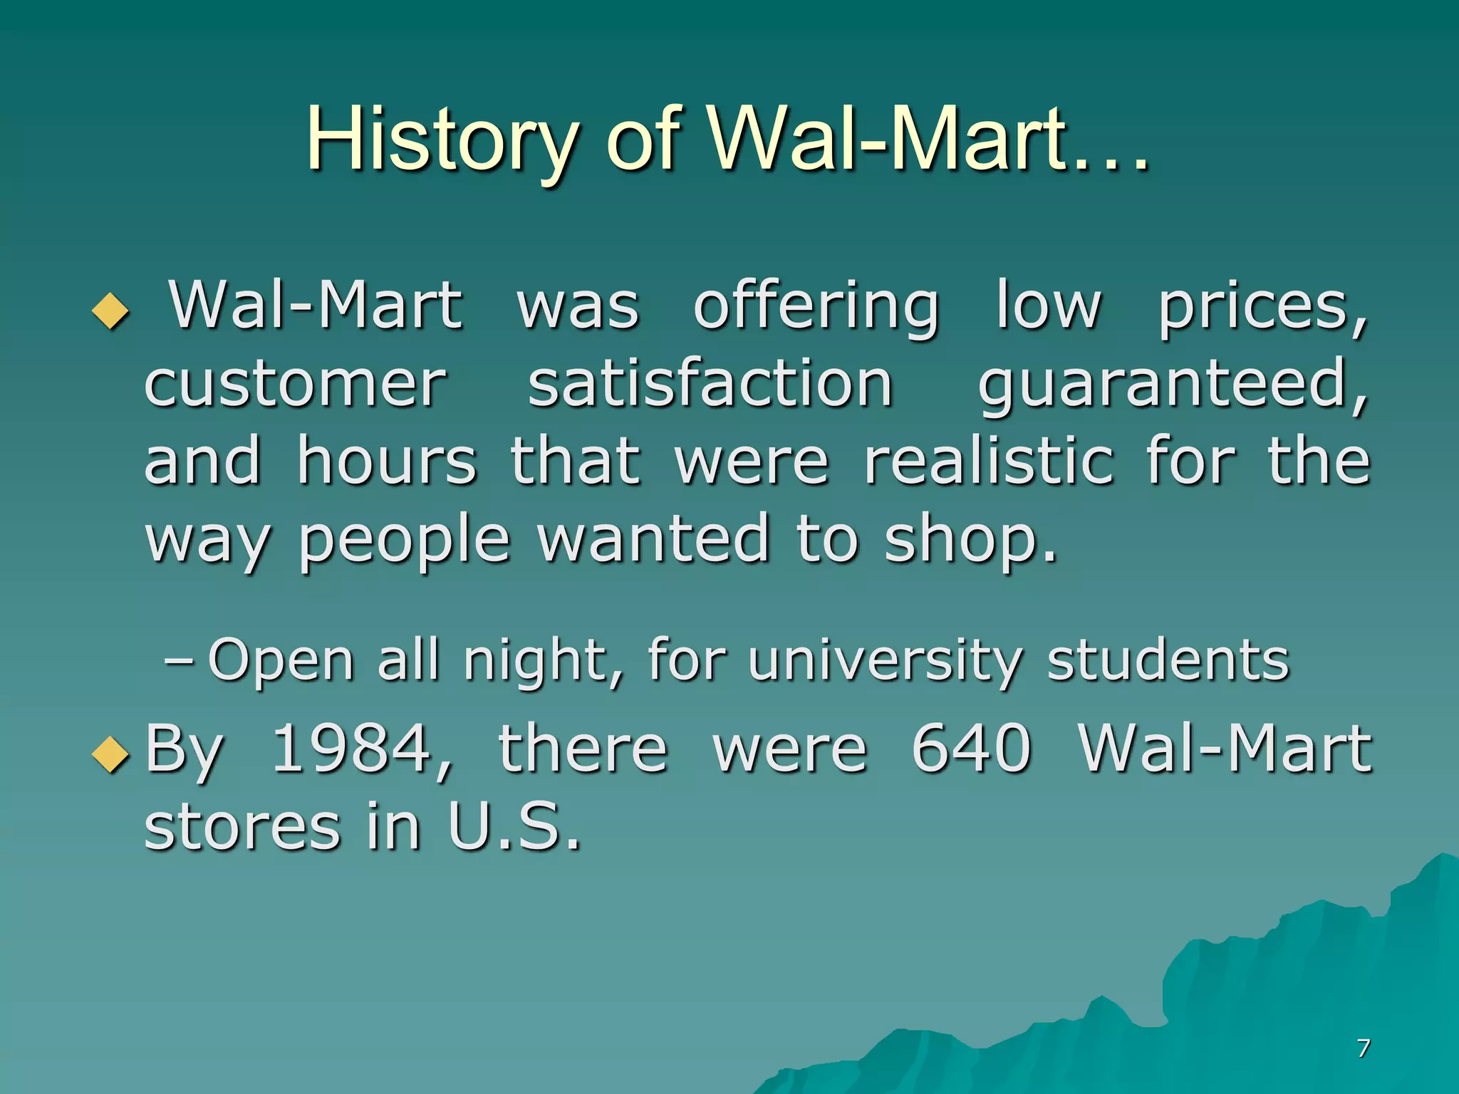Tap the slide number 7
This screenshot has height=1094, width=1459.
click(x=1363, y=1048)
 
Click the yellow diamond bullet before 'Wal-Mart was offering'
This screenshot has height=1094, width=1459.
click(x=111, y=311)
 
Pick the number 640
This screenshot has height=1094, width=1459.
click(x=972, y=748)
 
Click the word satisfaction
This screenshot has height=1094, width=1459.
click(x=710, y=384)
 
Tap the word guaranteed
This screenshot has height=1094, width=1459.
click(x=1172, y=385)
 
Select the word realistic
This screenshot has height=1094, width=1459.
click(x=989, y=461)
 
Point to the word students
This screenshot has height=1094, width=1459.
click(x=1168, y=660)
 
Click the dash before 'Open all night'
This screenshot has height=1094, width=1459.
click(x=178, y=661)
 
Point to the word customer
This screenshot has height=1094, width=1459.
click(x=295, y=385)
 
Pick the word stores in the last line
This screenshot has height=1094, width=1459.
click(x=242, y=828)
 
